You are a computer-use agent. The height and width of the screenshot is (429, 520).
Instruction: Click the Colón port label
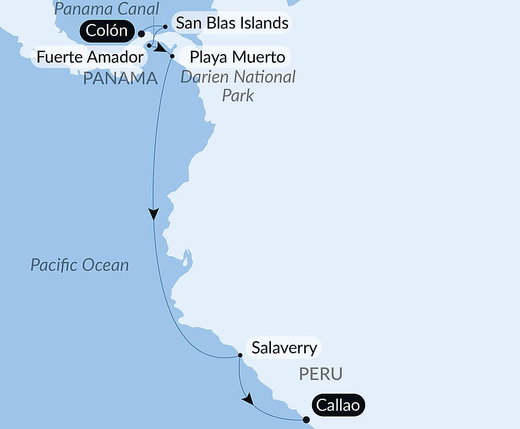(107, 31)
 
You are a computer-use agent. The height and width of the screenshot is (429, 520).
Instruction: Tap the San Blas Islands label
(232, 23)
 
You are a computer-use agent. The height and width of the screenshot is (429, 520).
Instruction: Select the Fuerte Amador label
(90, 57)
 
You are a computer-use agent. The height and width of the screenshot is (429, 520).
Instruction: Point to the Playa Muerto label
(237, 57)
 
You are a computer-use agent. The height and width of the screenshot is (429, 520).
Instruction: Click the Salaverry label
(284, 347)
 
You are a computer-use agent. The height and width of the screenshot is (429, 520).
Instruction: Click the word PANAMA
(120, 79)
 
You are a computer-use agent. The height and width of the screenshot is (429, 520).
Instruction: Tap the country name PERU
(321, 373)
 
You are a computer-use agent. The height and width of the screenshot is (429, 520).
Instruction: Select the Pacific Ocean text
(80, 265)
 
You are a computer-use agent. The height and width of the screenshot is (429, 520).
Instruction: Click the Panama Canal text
(107, 8)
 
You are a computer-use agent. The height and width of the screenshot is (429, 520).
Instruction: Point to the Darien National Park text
(238, 86)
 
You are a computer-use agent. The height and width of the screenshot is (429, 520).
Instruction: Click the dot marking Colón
(141, 33)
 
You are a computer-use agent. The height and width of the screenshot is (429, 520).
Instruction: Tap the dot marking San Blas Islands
(165, 26)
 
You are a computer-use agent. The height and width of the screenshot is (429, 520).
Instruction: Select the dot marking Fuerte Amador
(149, 46)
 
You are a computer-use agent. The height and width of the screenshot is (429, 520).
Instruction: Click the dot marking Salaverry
(240, 356)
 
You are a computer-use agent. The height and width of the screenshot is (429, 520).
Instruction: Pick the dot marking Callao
(306, 420)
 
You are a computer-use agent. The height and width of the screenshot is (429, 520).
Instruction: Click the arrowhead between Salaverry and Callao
(248, 399)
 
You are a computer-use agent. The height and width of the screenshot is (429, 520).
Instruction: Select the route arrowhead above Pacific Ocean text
(153, 214)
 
